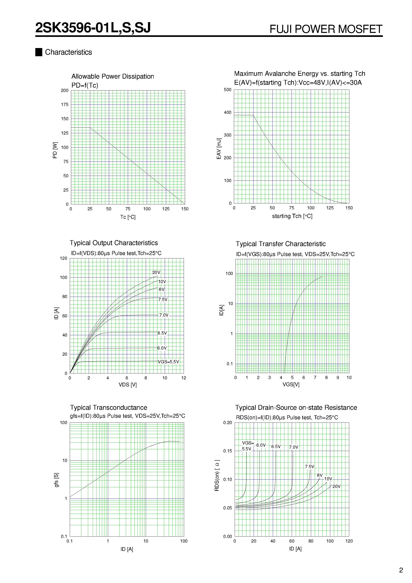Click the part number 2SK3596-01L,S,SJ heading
point(93,28)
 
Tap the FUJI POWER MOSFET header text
point(326,29)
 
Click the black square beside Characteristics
point(39,52)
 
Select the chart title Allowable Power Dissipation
point(112,76)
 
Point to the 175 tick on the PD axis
point(65,105)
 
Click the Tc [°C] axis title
point(128,217)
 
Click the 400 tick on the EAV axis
point(228,112)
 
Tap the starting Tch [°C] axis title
point(292,216)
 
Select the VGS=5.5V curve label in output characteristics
point(168,362)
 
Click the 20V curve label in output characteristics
point(156,272)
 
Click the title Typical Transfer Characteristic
point(280,244)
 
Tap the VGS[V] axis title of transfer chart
point(291,385)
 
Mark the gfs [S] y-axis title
point(56,480)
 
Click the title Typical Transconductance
point(108,408)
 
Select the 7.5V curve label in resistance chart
point(309,467)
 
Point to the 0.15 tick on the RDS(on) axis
point(228,451)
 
